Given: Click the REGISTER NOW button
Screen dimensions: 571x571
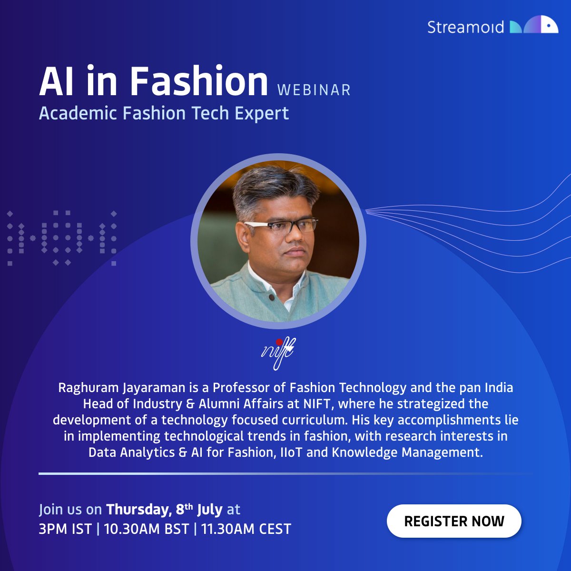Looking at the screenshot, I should click(x=454, y=521).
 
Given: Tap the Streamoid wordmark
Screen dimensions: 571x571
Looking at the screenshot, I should click(x=465, y=27).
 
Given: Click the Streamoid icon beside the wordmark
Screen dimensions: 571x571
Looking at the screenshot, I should click(x=534, y=25).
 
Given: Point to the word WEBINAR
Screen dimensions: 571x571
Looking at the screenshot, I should click(x=314, y=90).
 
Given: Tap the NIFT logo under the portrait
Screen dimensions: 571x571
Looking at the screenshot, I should click(x=278, y=353).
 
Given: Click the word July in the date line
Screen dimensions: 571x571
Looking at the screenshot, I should click(x=210, y=510).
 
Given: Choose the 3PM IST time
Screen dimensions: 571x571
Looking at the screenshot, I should click(x=65, y=529).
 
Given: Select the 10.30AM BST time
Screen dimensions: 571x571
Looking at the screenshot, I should click(x=147, y=529).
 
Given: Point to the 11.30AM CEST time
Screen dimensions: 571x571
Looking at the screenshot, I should click(x=246, y=529).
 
